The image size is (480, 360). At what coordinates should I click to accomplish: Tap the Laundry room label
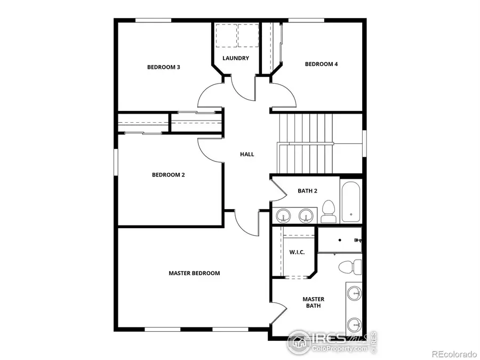(x=235, y=58)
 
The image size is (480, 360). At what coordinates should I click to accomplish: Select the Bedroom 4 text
(x=321, y=64)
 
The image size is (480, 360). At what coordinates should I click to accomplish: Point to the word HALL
(x=247, y=154)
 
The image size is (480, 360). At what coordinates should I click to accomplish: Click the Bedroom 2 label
(x=168, y=174)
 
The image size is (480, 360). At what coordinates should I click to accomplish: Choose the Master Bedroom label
(x=194, y=273)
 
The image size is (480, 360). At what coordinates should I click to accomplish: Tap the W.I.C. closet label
(x=297, y=252)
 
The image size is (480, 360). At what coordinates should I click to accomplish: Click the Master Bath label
(x=313, y=302)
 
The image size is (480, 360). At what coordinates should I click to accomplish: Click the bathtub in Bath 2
(x=351, y=201)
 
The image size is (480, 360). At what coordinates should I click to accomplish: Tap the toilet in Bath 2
(x=328, y=211)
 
